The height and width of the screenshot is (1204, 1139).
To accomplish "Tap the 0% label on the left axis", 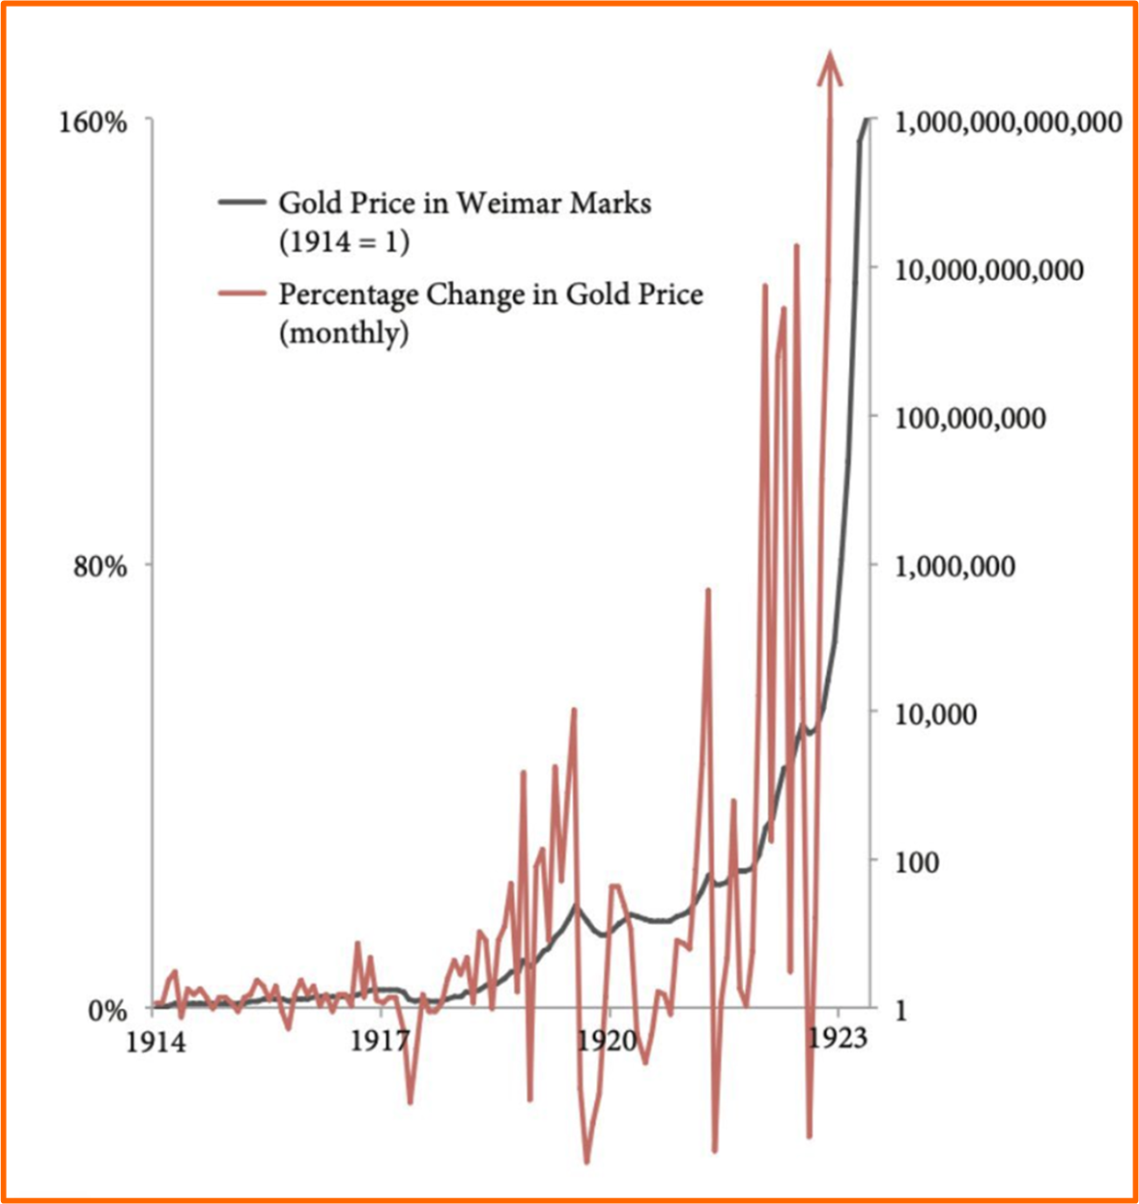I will pyautogui.click(x=108, y=1011).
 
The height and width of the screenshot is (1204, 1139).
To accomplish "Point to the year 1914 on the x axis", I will pyautogui.click(x=155, y=1043).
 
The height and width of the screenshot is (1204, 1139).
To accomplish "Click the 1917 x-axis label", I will pyautogui.click(x=382, y=1043).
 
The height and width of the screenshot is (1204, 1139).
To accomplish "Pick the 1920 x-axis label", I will pyautogui.click(x=610, y=1043).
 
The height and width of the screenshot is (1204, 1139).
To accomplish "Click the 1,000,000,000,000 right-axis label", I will pyautogui.click(x=1009, y=124).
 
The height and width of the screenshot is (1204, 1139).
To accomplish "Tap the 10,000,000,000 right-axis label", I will pyautogui.click(x=989, y=270).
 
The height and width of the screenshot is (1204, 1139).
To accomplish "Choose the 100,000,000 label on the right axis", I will pyautogui.click(x=970, y=419).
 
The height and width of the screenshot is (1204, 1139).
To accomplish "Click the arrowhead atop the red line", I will pyautogui.click(x=829, y=68).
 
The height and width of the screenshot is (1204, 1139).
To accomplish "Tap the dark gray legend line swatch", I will pyautogui.click(x=242, y=203).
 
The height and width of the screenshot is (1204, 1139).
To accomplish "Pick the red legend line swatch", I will pyautogui.click(x=242, y=293).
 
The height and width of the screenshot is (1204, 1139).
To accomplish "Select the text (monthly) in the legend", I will pyautogui.click(x=343, y=333).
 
